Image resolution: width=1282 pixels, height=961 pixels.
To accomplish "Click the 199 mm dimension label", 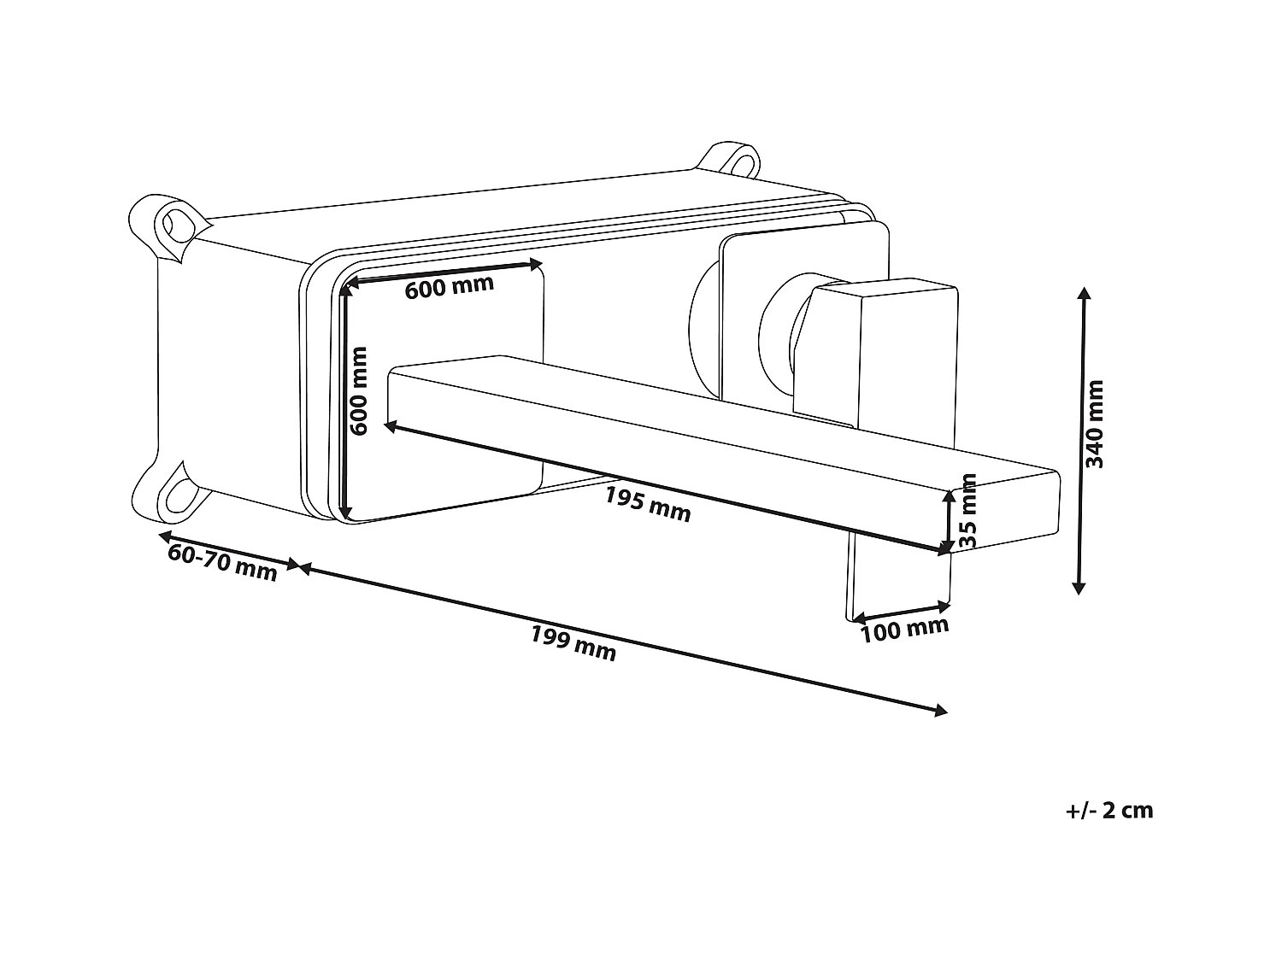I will pyautogui.click(x=573, y=643).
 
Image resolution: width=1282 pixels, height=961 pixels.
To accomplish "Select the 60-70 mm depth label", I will pyautogui.click(x=223, y=563).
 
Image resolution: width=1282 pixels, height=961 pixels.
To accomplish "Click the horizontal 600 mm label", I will pyautogui.click(x=449, y=286).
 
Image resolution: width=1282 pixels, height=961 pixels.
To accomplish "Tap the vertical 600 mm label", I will pyautogui.click(x=359, y=390).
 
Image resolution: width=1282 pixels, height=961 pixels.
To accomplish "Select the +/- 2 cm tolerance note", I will pyautogui.click(x=1109, y=810).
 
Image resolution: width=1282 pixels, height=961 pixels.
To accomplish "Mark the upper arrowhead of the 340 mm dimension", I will pyautogui.click(x=1085, y=293).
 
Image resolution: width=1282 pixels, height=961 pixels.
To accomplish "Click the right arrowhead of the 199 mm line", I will pyautogui.click(x=942, y=711).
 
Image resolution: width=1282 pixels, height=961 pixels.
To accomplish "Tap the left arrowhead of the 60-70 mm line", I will pyautogui.click(x=163, y=536).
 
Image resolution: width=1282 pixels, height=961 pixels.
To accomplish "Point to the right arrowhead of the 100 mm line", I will pyautogui.click(x=945, y=607).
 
